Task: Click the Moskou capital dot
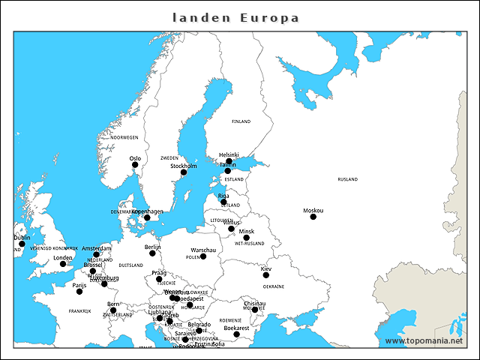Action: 313,217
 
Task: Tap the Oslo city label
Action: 135,158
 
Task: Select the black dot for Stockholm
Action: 183,172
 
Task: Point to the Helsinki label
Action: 229,154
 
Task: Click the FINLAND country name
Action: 241,121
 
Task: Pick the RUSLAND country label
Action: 347,179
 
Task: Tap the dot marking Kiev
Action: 265,275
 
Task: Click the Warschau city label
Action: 203,250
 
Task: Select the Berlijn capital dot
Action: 152,253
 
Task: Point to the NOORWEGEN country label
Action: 124,137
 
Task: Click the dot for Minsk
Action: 246,238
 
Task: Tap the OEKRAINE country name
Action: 273,286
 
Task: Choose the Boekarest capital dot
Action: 236,334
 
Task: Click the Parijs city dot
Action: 79,291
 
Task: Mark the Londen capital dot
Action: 63,264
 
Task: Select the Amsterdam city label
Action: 96,248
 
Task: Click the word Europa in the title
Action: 269,17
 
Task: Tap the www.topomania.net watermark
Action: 424,340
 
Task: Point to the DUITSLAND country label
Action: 130,265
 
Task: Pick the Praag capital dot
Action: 159,280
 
